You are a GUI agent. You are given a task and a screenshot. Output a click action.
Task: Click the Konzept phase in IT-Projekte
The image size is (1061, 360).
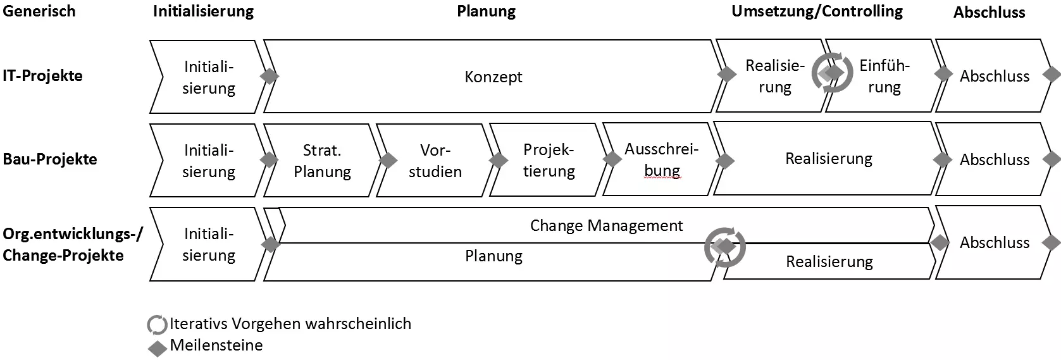[x=493, y=77]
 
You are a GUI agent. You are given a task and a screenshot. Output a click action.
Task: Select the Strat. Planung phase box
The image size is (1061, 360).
[x=322, y=161]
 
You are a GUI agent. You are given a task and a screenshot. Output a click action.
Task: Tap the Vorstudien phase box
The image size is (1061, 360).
[x=435, y=161]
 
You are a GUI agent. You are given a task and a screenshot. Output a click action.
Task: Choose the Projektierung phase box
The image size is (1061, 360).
[x=549, y=161]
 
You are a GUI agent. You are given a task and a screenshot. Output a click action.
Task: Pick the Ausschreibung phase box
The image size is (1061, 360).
[x=661, y=160]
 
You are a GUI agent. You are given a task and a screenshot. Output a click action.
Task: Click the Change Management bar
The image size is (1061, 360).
[x=606, y=226]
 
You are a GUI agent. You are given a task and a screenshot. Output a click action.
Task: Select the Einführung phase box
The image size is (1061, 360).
[x=884, y=77]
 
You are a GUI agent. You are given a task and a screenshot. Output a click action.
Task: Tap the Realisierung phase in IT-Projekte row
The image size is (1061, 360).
[x=774, y=77]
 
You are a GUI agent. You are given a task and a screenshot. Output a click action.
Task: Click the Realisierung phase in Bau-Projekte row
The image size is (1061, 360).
[x=829, y=159]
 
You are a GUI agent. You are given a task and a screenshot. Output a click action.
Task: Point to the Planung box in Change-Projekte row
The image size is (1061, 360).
[x=493, y=257]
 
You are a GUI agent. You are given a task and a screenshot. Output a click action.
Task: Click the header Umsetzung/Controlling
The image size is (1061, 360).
[x=817, y=11]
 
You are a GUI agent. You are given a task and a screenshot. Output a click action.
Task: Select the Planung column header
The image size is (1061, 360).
[x=486, y=11]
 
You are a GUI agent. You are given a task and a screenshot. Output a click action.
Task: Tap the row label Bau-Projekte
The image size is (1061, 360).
[x=50, y=159]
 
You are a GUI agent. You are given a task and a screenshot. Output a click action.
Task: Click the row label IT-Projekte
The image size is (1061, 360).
[x=42, y=76]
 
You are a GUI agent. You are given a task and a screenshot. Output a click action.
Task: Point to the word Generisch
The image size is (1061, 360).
[x=39, y=11]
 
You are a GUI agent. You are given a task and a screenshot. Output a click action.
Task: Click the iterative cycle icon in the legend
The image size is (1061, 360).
[x=157, y=325]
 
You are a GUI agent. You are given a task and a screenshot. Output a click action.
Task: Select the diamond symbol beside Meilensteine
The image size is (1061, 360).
[x=157, y=348]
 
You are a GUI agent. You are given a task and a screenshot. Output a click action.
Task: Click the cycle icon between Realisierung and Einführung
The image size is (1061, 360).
[x=832, y=73]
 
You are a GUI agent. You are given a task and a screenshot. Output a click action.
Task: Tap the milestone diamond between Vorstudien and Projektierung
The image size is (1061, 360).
[x=499, y=160]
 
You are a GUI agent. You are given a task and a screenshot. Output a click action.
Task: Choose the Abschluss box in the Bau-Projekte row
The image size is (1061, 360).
[x=994, y=160]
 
